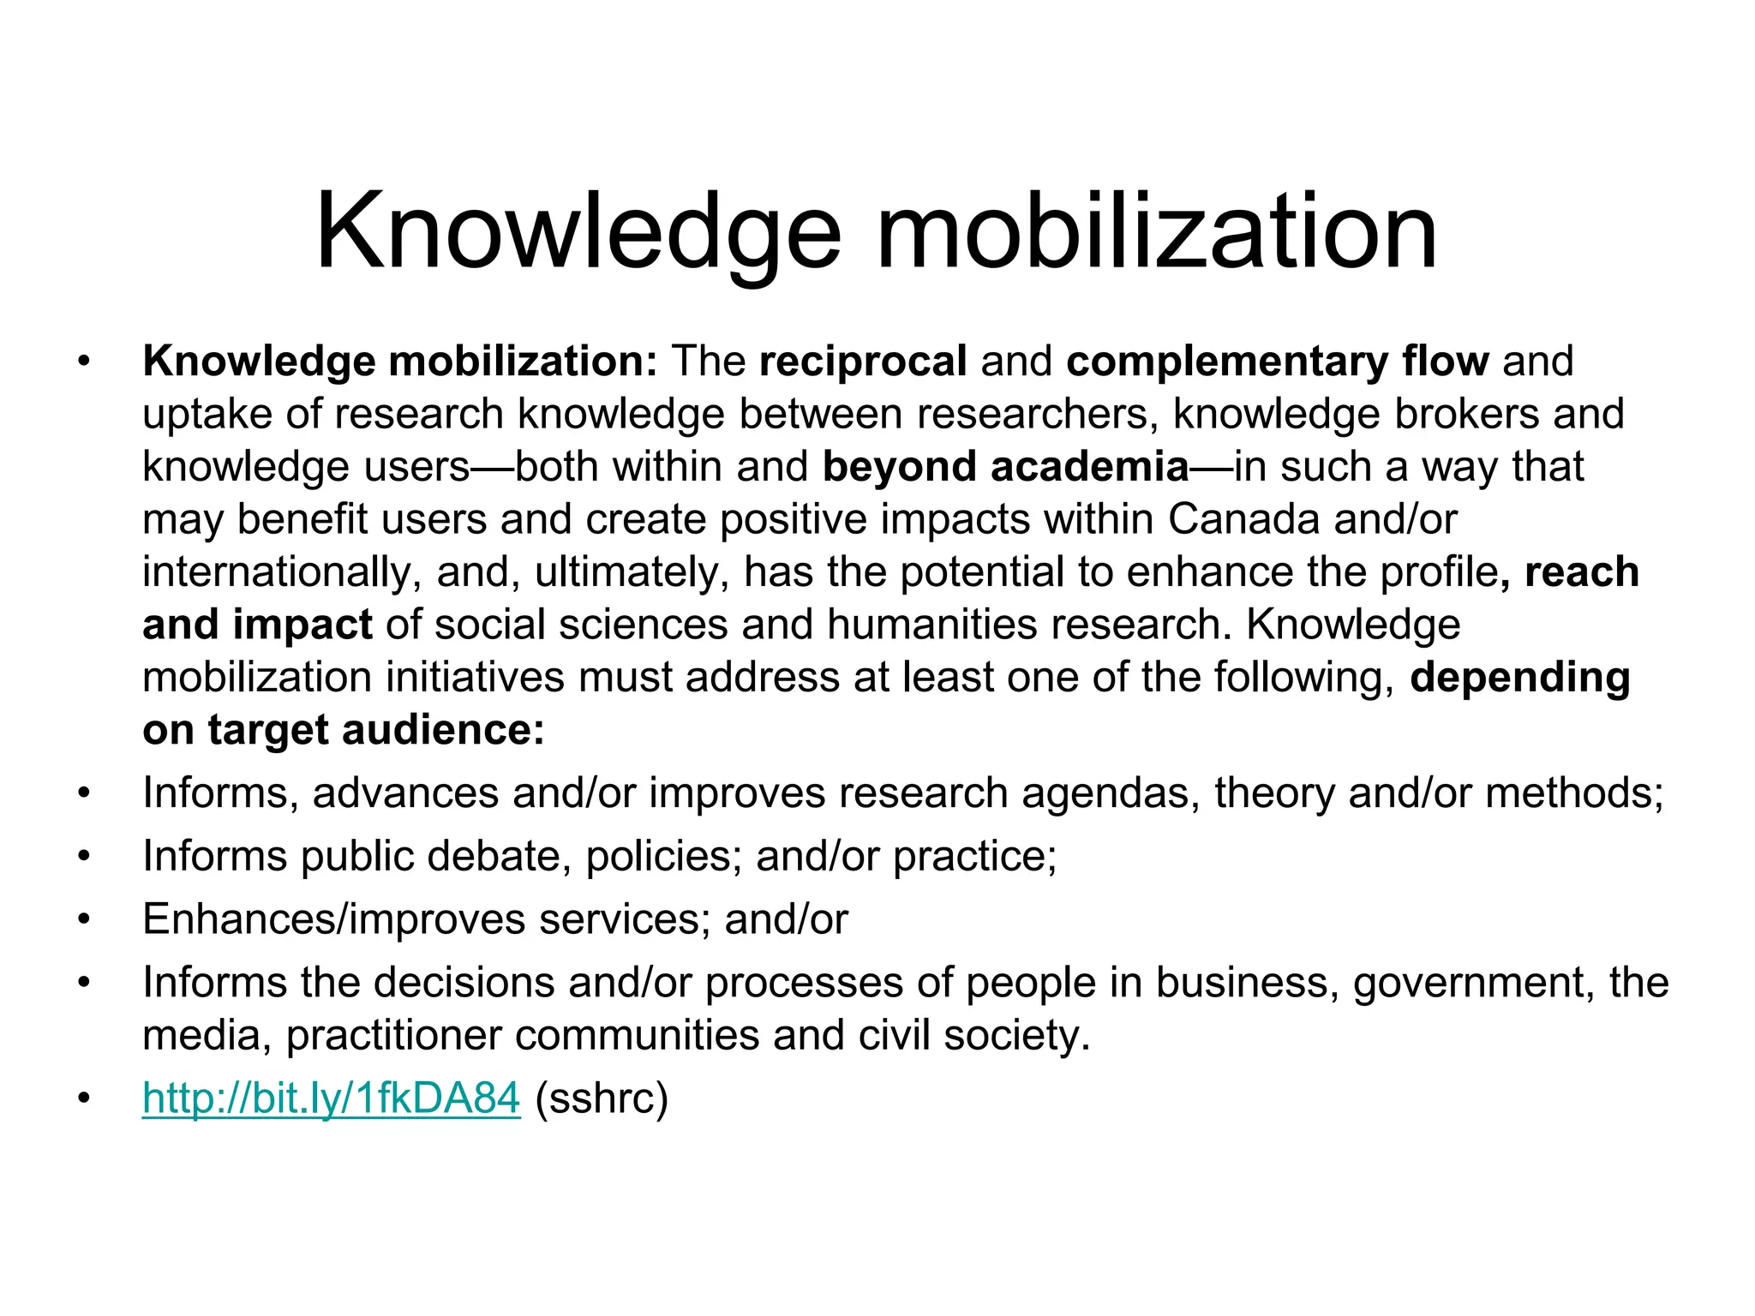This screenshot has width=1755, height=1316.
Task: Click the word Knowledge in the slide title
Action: click(x=578, y=233)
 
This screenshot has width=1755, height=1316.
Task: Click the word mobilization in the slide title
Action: click(x=1156, y=233)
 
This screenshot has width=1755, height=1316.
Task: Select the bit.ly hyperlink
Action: click(x=331, y=1098)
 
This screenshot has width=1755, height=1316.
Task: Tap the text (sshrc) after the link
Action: click(x=602, y=1098)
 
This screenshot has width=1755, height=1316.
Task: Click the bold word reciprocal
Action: click(x=863, y=361)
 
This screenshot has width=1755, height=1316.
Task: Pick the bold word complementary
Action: click(x=1226, y=361)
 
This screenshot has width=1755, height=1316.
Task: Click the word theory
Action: click(x=1274, y=793)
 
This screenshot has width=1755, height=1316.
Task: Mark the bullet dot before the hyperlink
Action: click(x=83, y=1098)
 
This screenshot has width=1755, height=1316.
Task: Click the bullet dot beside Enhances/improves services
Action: click(x=83, y=919)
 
